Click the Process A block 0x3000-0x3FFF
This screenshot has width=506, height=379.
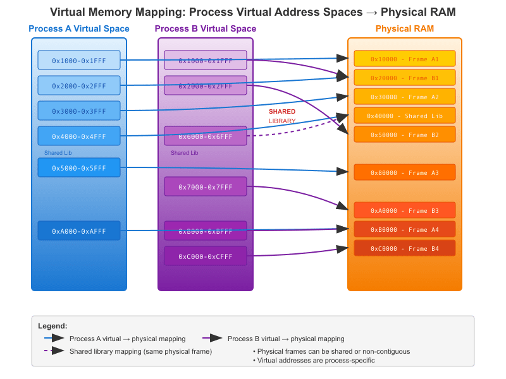click(79, 111)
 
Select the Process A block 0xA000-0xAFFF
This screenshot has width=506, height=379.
click(79, 231)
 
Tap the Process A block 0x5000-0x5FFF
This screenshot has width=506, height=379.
click(79, 167)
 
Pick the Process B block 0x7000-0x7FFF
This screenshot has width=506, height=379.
click(205, 186)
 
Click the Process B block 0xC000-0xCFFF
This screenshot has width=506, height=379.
click(205, 256)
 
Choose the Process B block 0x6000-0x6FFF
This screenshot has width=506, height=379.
click(205, 136)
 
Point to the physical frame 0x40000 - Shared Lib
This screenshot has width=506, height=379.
click(404, 116)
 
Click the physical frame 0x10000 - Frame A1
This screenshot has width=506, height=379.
click(404, 59)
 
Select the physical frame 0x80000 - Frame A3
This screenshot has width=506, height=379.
click(404, 172)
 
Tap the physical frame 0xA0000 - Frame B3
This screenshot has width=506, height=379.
click(404, 210)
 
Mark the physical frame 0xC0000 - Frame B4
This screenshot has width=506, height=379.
click(404, 248)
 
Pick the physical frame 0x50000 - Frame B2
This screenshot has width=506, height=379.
click(404, 135)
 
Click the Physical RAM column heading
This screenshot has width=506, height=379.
click(404, 29)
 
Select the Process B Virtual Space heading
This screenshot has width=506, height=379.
click(206, 29)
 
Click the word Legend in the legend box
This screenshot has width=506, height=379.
click(52, 326)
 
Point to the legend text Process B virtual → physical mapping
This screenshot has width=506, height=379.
click(286, 339)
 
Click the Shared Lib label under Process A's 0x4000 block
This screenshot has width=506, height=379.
click(58, 153)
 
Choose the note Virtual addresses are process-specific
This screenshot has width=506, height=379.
click(314, 360)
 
